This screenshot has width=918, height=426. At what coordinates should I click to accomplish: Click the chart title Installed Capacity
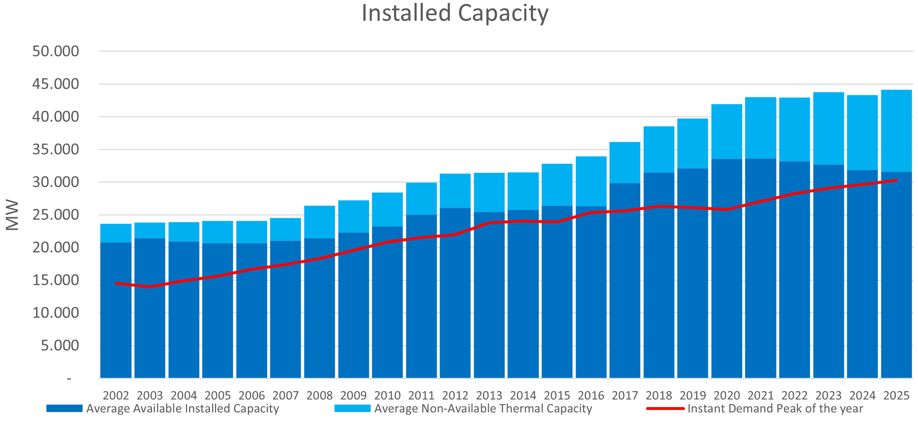click(455, 13)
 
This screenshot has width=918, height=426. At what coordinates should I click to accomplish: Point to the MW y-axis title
click(12, 215)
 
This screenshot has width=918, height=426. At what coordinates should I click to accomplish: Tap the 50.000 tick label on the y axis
click(55, 51)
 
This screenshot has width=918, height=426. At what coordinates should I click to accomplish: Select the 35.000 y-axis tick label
click(55, 149)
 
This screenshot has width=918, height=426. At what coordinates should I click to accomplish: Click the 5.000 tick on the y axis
click(60, 345)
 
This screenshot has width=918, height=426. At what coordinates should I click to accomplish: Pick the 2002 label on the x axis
click(116, 396)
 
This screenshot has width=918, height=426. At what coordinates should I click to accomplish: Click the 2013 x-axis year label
click(489, 396)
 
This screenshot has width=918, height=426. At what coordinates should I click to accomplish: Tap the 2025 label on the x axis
click(897, 396)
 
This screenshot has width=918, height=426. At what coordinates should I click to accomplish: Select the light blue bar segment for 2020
click(727, 132)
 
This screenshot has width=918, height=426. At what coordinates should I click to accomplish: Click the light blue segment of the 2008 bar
click(319, 222)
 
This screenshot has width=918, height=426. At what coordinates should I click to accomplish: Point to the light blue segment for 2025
click(896, 131)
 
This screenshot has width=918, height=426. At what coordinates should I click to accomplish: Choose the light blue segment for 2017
click(625, 163)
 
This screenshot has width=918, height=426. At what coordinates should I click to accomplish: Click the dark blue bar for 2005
click(217, 310)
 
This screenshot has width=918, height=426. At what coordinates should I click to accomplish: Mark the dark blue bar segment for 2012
click(455, 293)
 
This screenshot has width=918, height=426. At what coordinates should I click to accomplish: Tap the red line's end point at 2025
click(897, 181)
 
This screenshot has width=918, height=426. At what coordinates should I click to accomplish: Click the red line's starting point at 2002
click(116, 283)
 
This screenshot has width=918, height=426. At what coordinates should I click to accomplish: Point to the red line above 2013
click(489, 222)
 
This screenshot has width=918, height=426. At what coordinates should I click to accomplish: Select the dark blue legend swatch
click(65, 408)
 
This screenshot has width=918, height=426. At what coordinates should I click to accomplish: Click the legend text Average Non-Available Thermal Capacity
click(483, 409)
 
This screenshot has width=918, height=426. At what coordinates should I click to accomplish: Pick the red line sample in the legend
click(666, 409)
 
